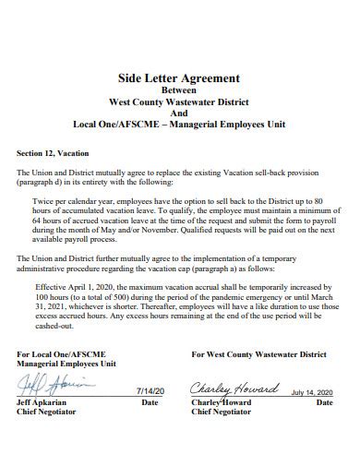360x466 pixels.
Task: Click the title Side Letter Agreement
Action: (180, 78)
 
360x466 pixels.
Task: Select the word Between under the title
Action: (180, 90)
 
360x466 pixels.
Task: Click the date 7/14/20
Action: (149, 392)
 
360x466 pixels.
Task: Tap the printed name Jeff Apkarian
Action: (42, 402)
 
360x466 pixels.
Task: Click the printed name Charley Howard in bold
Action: (223, 402)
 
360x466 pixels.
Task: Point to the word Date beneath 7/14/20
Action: (149, 402)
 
